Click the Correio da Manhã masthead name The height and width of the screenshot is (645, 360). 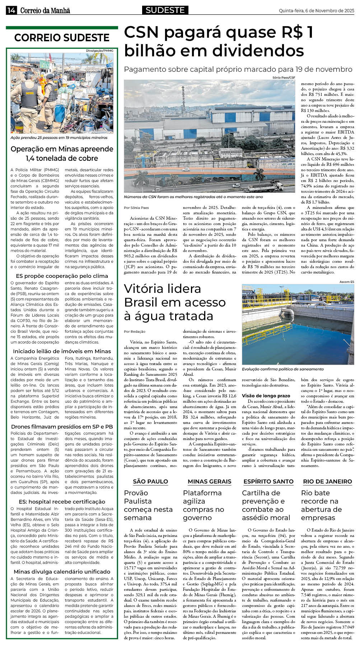point(45,11)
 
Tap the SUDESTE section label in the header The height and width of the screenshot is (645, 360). point(165,10)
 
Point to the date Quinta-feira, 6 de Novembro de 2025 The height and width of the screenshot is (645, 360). point(316,11)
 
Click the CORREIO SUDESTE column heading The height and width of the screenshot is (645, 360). point(62,38)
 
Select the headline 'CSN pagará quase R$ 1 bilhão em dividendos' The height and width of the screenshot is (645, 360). point(219,42)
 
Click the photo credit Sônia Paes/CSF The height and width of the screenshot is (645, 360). point(286,78)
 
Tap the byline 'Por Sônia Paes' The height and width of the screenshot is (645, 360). point(136,208)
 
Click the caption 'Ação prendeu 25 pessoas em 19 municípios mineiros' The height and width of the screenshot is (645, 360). point(59,138)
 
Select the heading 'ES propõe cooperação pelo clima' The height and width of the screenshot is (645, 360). point(62,276)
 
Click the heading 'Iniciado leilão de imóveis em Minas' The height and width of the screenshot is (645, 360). point(62,351)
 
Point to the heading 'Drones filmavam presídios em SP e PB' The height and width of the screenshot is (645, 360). point(62,427)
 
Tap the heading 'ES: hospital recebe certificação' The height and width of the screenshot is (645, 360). point(62,502)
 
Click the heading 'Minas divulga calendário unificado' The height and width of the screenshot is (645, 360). point(62,572)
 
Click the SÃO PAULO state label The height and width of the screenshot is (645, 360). point(150,482)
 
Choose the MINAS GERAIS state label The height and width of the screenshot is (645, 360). point(209,482)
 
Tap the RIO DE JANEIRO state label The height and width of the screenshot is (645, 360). point(327,482)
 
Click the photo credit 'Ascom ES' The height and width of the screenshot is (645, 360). point(346,282)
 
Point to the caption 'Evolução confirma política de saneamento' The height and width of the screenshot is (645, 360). point(282,369)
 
